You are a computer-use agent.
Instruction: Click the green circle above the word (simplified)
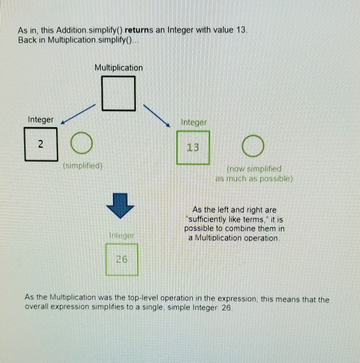71,143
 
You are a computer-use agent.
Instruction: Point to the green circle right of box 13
243,146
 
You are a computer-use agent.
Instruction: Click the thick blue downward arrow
120,206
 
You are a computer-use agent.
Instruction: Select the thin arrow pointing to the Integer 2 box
78,114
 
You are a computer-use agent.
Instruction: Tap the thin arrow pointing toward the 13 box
157,116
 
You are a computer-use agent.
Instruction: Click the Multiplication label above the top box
119,68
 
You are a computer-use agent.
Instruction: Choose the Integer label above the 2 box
41,120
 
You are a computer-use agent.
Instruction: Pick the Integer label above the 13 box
194,122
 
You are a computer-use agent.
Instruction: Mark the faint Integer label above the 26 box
122,235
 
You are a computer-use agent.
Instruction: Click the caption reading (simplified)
83,166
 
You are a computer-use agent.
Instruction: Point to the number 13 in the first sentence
241,30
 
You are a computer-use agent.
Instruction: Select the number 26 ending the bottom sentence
226,307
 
